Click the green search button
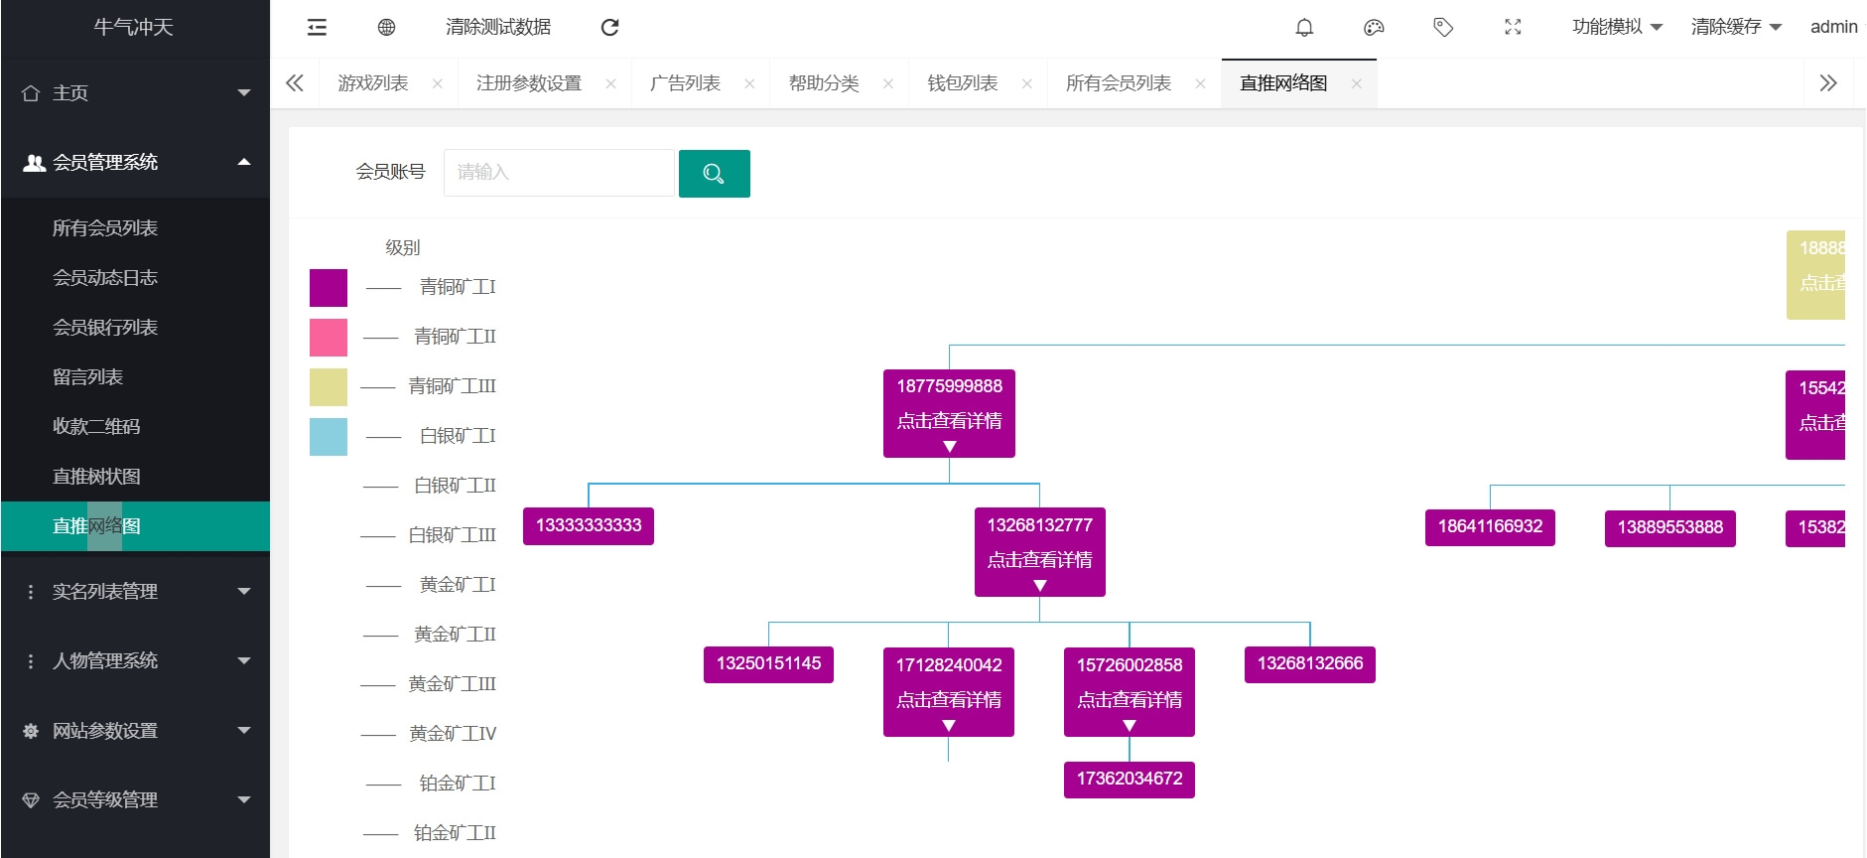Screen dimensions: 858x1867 tap(714, 174)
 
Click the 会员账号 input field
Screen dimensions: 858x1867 tap(559, 173)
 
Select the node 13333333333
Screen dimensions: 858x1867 tap(589, 525)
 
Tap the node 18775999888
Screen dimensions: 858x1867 tap(949, 387)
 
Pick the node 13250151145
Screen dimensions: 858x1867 tap(768, 663)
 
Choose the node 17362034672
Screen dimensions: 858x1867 tap(1130, 779)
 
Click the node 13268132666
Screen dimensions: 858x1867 tap(1310, 663)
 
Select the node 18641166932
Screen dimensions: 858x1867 tap(1490, 526)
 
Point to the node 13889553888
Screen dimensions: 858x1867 tap(1670, 527)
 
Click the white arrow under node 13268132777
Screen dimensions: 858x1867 tap(1040, 586)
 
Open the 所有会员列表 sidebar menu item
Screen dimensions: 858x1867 tap(105, 228)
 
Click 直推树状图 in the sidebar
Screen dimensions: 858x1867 tap(96, 477)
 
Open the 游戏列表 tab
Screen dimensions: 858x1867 tap(373, 83)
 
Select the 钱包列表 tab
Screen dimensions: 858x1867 tap(962, 83)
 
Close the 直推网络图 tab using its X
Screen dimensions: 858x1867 tap(1357, 83)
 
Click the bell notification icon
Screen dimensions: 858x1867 tap(1304, 28)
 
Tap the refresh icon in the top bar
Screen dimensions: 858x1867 tap(610, 28)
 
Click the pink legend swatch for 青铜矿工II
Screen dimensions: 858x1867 tap(329, 338)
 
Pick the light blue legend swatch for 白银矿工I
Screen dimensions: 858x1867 tap(329, 437)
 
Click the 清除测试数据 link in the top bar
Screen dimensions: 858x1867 tap(498, 28)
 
